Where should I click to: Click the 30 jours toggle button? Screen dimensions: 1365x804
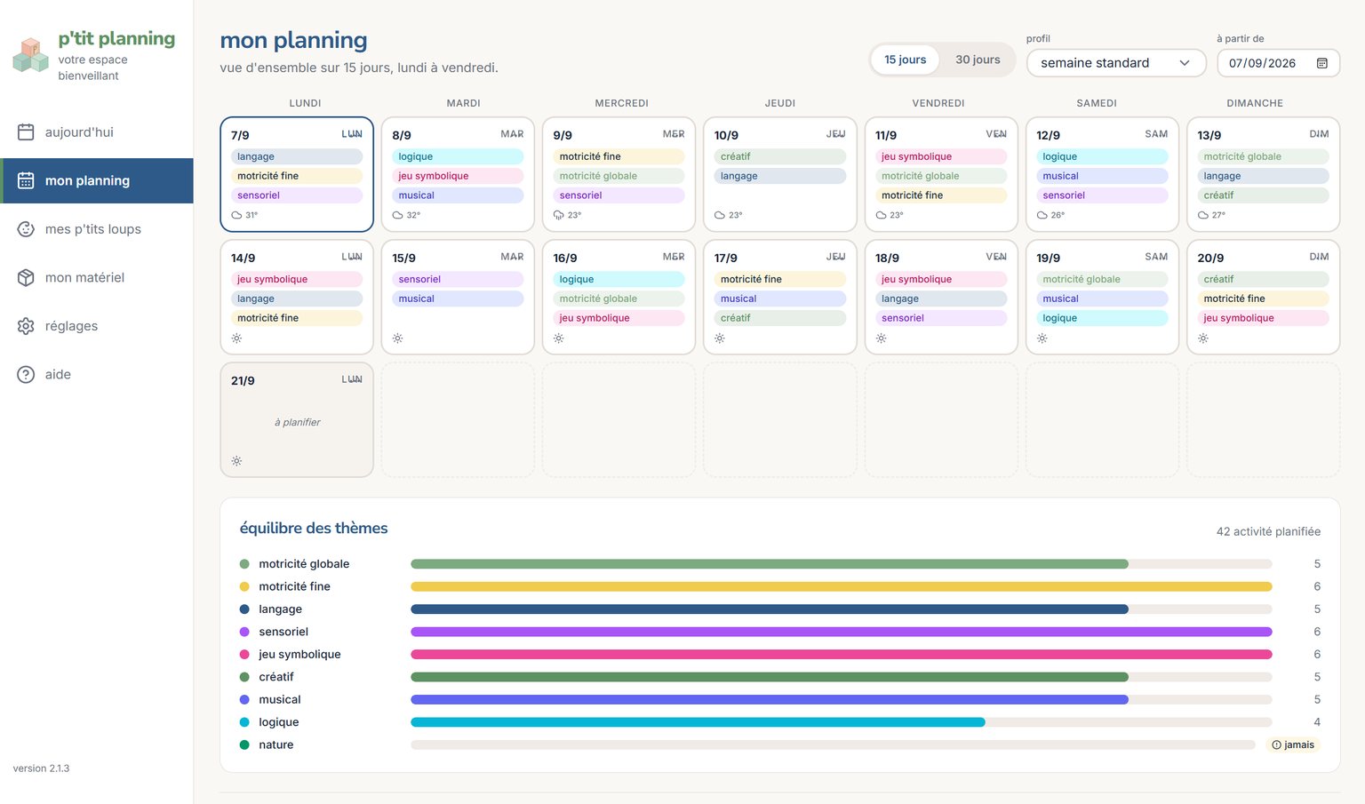978,60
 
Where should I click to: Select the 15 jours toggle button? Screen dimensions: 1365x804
905,60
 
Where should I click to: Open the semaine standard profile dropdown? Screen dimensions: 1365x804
1116,63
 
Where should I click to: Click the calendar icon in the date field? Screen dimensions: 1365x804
1321,63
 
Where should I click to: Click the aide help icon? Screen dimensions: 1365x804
26,375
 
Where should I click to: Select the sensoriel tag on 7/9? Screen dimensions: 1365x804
297,195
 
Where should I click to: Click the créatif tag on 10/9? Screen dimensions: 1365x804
780,156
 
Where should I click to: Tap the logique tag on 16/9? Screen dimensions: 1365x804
619,280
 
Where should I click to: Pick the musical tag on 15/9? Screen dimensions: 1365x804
458,299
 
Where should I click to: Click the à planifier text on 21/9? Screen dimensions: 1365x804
298,422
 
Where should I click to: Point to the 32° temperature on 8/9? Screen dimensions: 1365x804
413,215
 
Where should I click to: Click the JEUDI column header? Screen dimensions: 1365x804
780,103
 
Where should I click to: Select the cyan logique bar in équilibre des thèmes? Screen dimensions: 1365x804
698,722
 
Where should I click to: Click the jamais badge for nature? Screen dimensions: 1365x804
1293,744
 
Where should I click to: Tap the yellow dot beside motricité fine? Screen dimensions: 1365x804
244,586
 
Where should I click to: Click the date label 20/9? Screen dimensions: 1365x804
1210,259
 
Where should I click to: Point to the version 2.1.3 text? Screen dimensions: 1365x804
42,768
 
